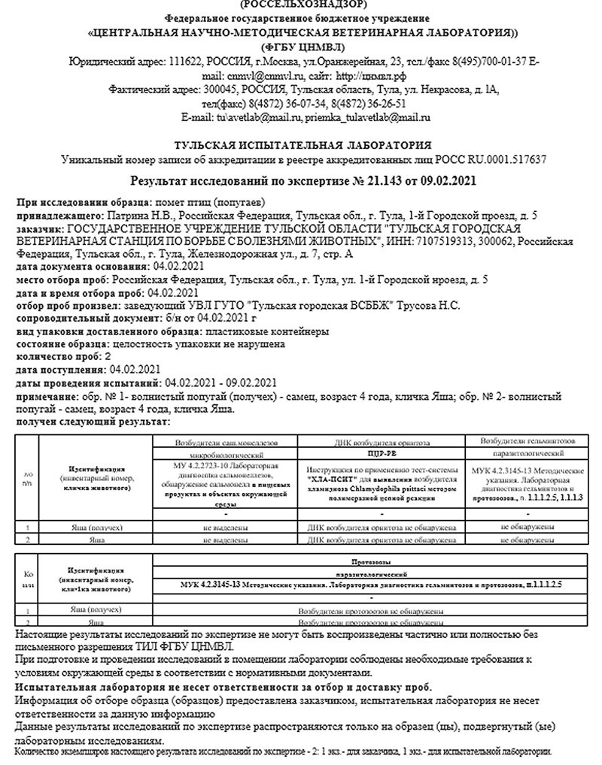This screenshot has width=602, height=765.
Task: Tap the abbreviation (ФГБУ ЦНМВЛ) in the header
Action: (301, 47)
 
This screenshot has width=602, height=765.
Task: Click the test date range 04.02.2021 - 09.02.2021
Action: (221, 382)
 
